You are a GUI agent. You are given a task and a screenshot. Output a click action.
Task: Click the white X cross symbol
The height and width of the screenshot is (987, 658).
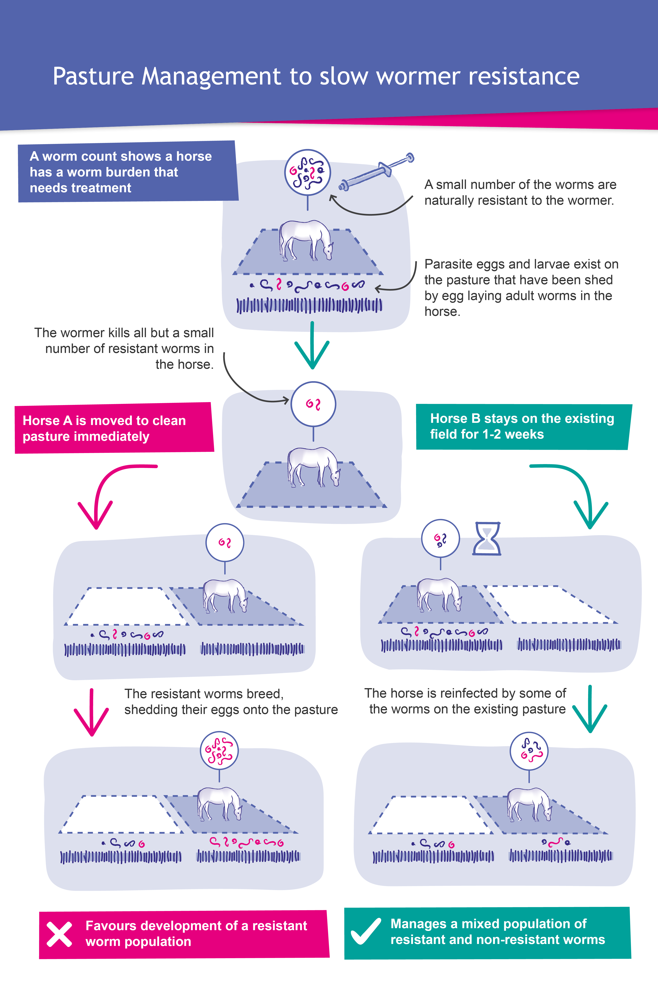pyautogui.click(x=59, y=934)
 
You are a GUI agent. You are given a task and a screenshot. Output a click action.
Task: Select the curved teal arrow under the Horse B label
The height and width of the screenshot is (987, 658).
pyautogui.click(x=577, y=491)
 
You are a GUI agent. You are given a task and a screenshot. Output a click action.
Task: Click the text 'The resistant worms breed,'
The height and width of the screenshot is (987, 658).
pyautogui.click(x=204, y=694)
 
